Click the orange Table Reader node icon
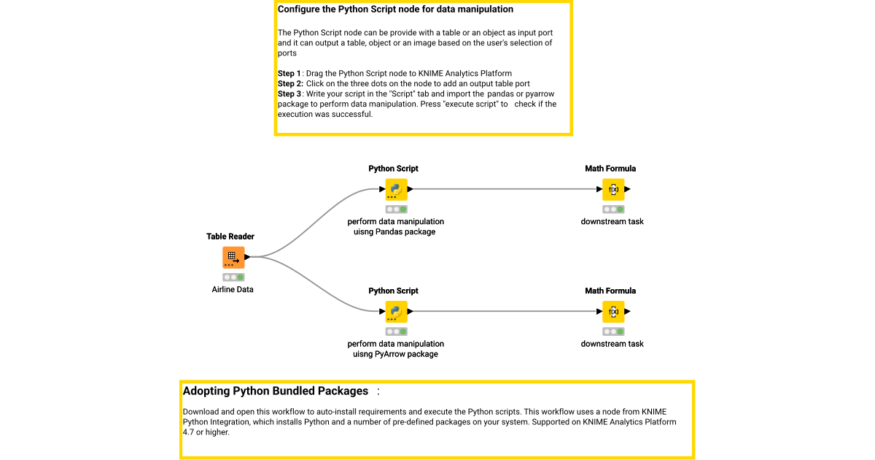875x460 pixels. [233, 258]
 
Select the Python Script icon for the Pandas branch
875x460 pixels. [396, 190]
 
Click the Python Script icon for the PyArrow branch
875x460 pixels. [396, 312]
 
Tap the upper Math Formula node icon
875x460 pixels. [613, 190]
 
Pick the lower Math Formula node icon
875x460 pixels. [613, 312]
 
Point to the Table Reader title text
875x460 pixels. [230, 237]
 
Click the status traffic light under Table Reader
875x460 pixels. [233, 277]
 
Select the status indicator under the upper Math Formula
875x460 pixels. [613, 210]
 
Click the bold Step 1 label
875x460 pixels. [289, 74]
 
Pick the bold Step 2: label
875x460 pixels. [290, 84]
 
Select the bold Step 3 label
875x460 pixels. [289, 94]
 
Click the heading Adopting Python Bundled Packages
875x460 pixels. [276, 391]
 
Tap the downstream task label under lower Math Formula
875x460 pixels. [612, 344]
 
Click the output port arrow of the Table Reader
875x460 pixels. [248, 257]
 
